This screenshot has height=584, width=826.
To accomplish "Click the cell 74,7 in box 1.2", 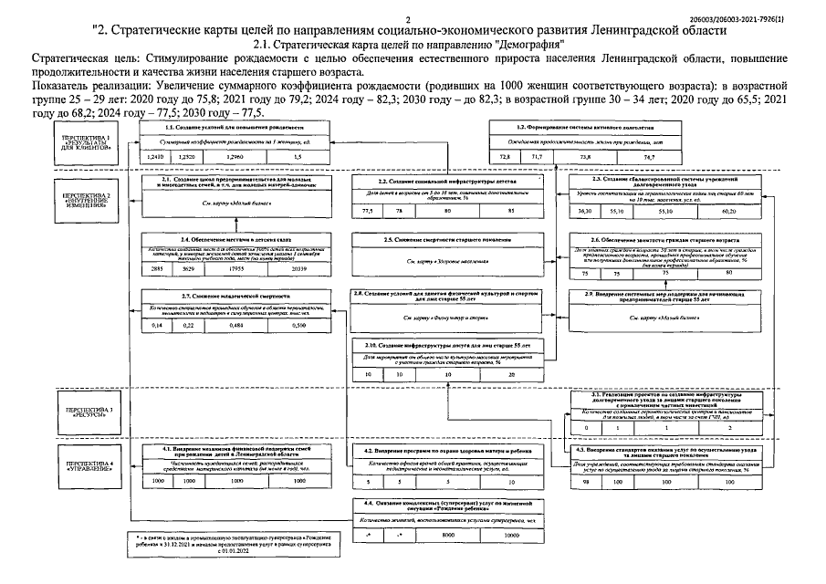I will tap(623, 158).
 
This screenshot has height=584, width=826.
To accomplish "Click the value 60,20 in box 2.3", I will tap(728, 211).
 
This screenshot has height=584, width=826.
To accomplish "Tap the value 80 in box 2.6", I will tap(727, 273).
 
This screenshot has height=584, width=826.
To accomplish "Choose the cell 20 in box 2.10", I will tap(509, 374).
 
